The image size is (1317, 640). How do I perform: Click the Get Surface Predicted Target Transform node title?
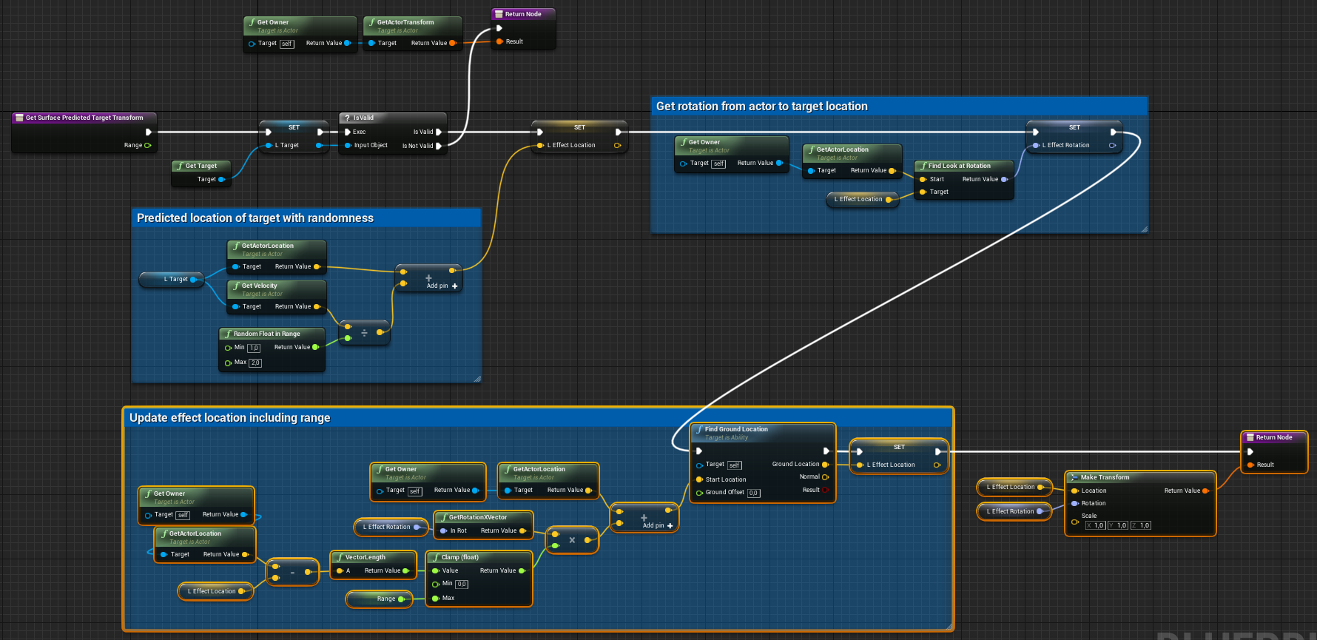click(x=84, y=118)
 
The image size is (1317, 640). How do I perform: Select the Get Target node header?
click(x=201, y=166)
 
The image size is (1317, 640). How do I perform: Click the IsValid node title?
click(x=363, y=118)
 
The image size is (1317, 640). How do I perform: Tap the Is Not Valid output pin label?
click(x=417, y=146)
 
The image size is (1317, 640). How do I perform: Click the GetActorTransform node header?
click(x=405, y=22)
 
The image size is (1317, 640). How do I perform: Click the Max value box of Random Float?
click(x=255, y=363)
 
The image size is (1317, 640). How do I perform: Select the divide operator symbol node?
click(x=364, y=333)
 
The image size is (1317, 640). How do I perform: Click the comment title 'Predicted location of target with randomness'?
click(x=255, y=218)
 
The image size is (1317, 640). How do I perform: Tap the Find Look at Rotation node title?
click(x=959, y=166)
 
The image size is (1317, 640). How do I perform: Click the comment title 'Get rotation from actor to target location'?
click(x=761, y=107)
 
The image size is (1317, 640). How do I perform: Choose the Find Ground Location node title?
click(x=736, y=429)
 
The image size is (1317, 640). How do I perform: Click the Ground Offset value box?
click(x=753, y=493)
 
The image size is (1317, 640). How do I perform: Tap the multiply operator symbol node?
click(x=572, y=540)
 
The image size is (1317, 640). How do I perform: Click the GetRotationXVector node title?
click(x=477, y=517)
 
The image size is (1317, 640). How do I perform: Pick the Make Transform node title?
click(x=1105, y=477)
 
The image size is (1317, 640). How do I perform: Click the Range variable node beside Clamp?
click(x=385, y=599)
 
